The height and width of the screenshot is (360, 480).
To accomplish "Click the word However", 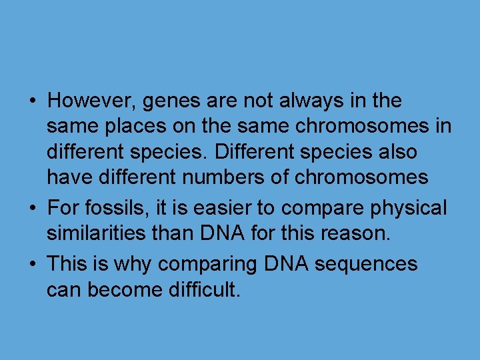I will click(x=87, y=101).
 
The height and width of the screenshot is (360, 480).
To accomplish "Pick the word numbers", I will click(x=215, y=177).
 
